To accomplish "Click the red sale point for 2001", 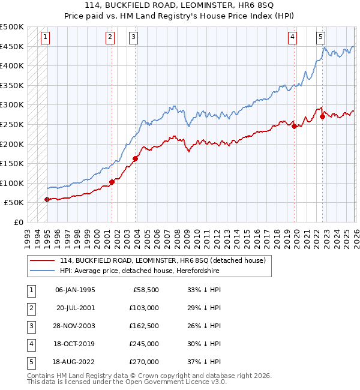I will pyautogui.click(x=112, y=182).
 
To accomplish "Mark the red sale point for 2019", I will pyautogui.click(x=294, y=126).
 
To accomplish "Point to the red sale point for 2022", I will pyautogui.click(x=322, y=116).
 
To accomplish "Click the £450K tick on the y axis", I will pyautogui.click(x=12, y=46).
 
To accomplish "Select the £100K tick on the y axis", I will pyautogui.click(x=12, y=183).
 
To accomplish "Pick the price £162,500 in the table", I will pyautogui.click(x=144, y=326).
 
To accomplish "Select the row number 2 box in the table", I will pyautogui.click(x=29, y=308).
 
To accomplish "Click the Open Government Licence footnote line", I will pyautogui.click(x=119, y=382).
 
